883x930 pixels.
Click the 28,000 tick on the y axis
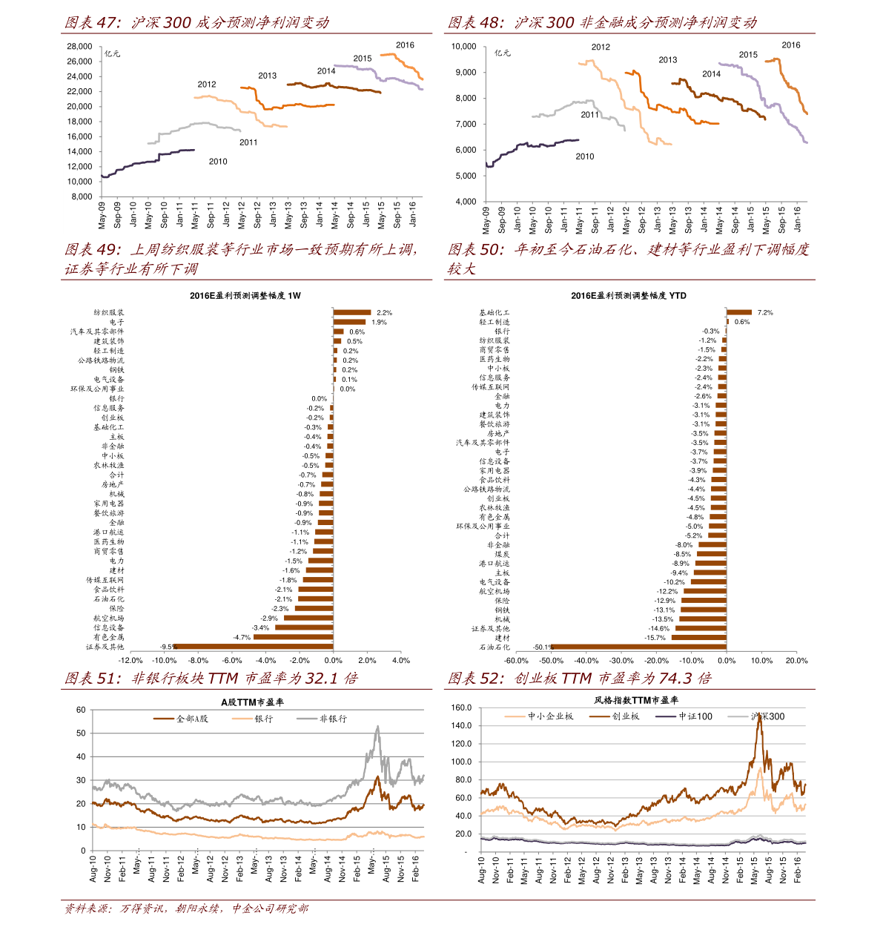coord(79,46)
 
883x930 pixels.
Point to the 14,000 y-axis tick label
coord(79,151)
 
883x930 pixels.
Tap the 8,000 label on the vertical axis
coord(82,197)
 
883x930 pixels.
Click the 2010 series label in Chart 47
coord(218,162)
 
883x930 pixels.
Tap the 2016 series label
coord(405,45)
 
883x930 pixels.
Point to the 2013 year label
coord(267,76)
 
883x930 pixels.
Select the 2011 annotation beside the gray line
coord(248,142)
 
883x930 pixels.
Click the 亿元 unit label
coord(112,54)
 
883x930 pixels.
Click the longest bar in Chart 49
coord(252,647)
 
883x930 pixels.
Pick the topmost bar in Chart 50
coord(739,312)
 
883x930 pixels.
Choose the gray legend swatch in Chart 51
coord(307,719)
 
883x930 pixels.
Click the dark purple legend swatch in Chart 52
coord(667,717)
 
